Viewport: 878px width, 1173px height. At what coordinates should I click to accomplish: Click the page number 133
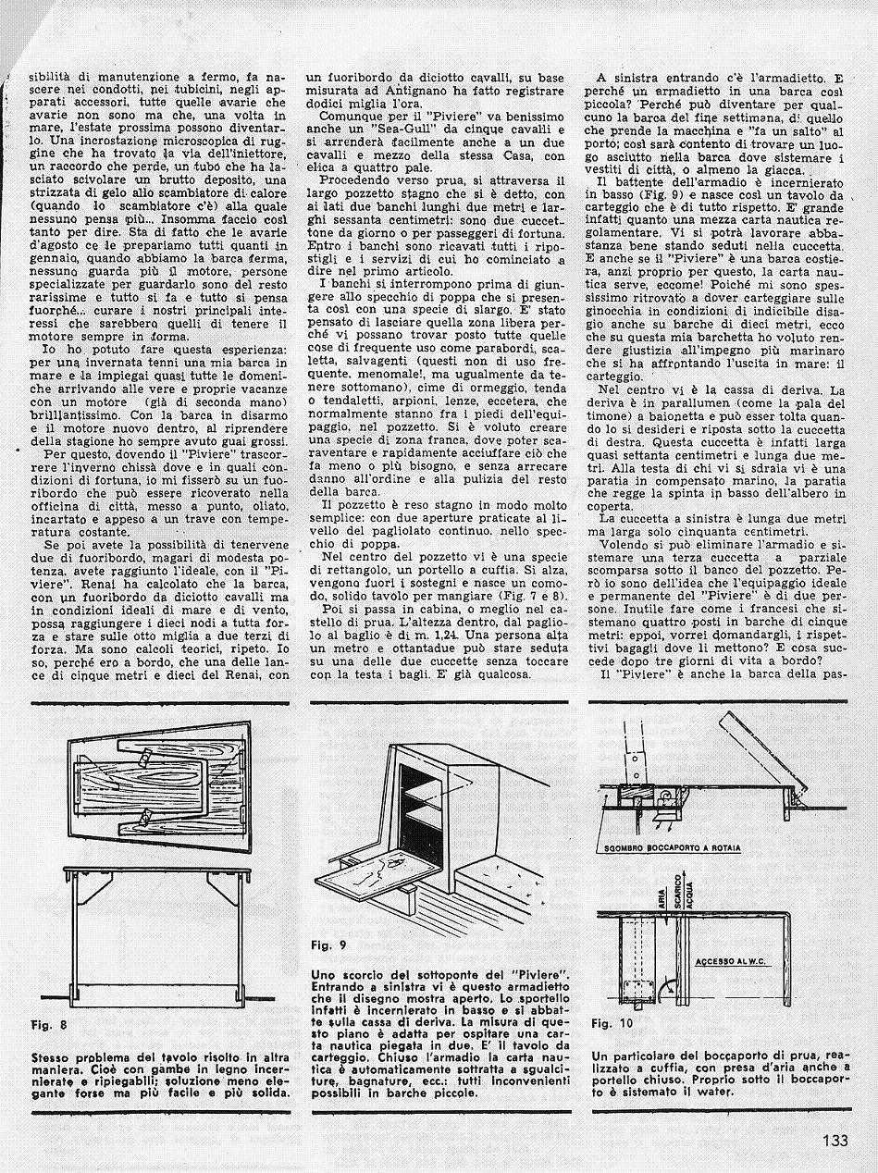click(x=835, y=1141)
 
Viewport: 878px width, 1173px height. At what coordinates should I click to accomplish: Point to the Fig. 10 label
click(x=612, y=1024)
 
